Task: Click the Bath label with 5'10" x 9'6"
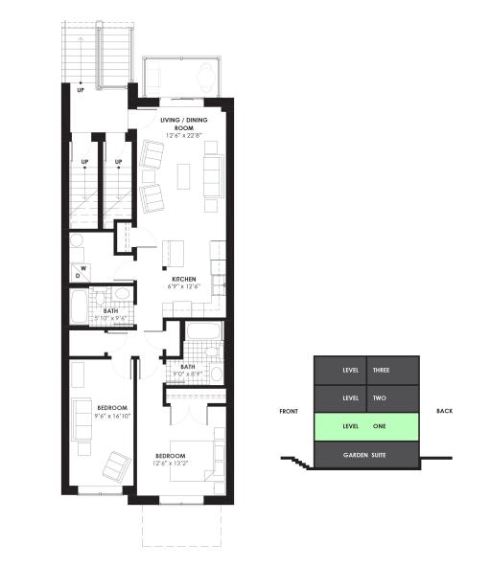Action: pos(110,311)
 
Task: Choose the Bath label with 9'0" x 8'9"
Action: pos(187,367)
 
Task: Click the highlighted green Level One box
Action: pos(366,426)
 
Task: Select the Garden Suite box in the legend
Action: pos(366,455)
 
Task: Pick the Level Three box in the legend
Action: pos(366,370)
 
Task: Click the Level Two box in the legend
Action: pos(366,397)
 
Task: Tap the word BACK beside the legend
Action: pos(444,411)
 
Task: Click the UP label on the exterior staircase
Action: pos(82,91)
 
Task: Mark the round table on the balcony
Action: pos(205,73)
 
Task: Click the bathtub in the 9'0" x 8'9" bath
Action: pos(202,332)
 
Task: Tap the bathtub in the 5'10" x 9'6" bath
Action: pos(79,308)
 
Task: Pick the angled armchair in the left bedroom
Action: pos(117,466)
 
